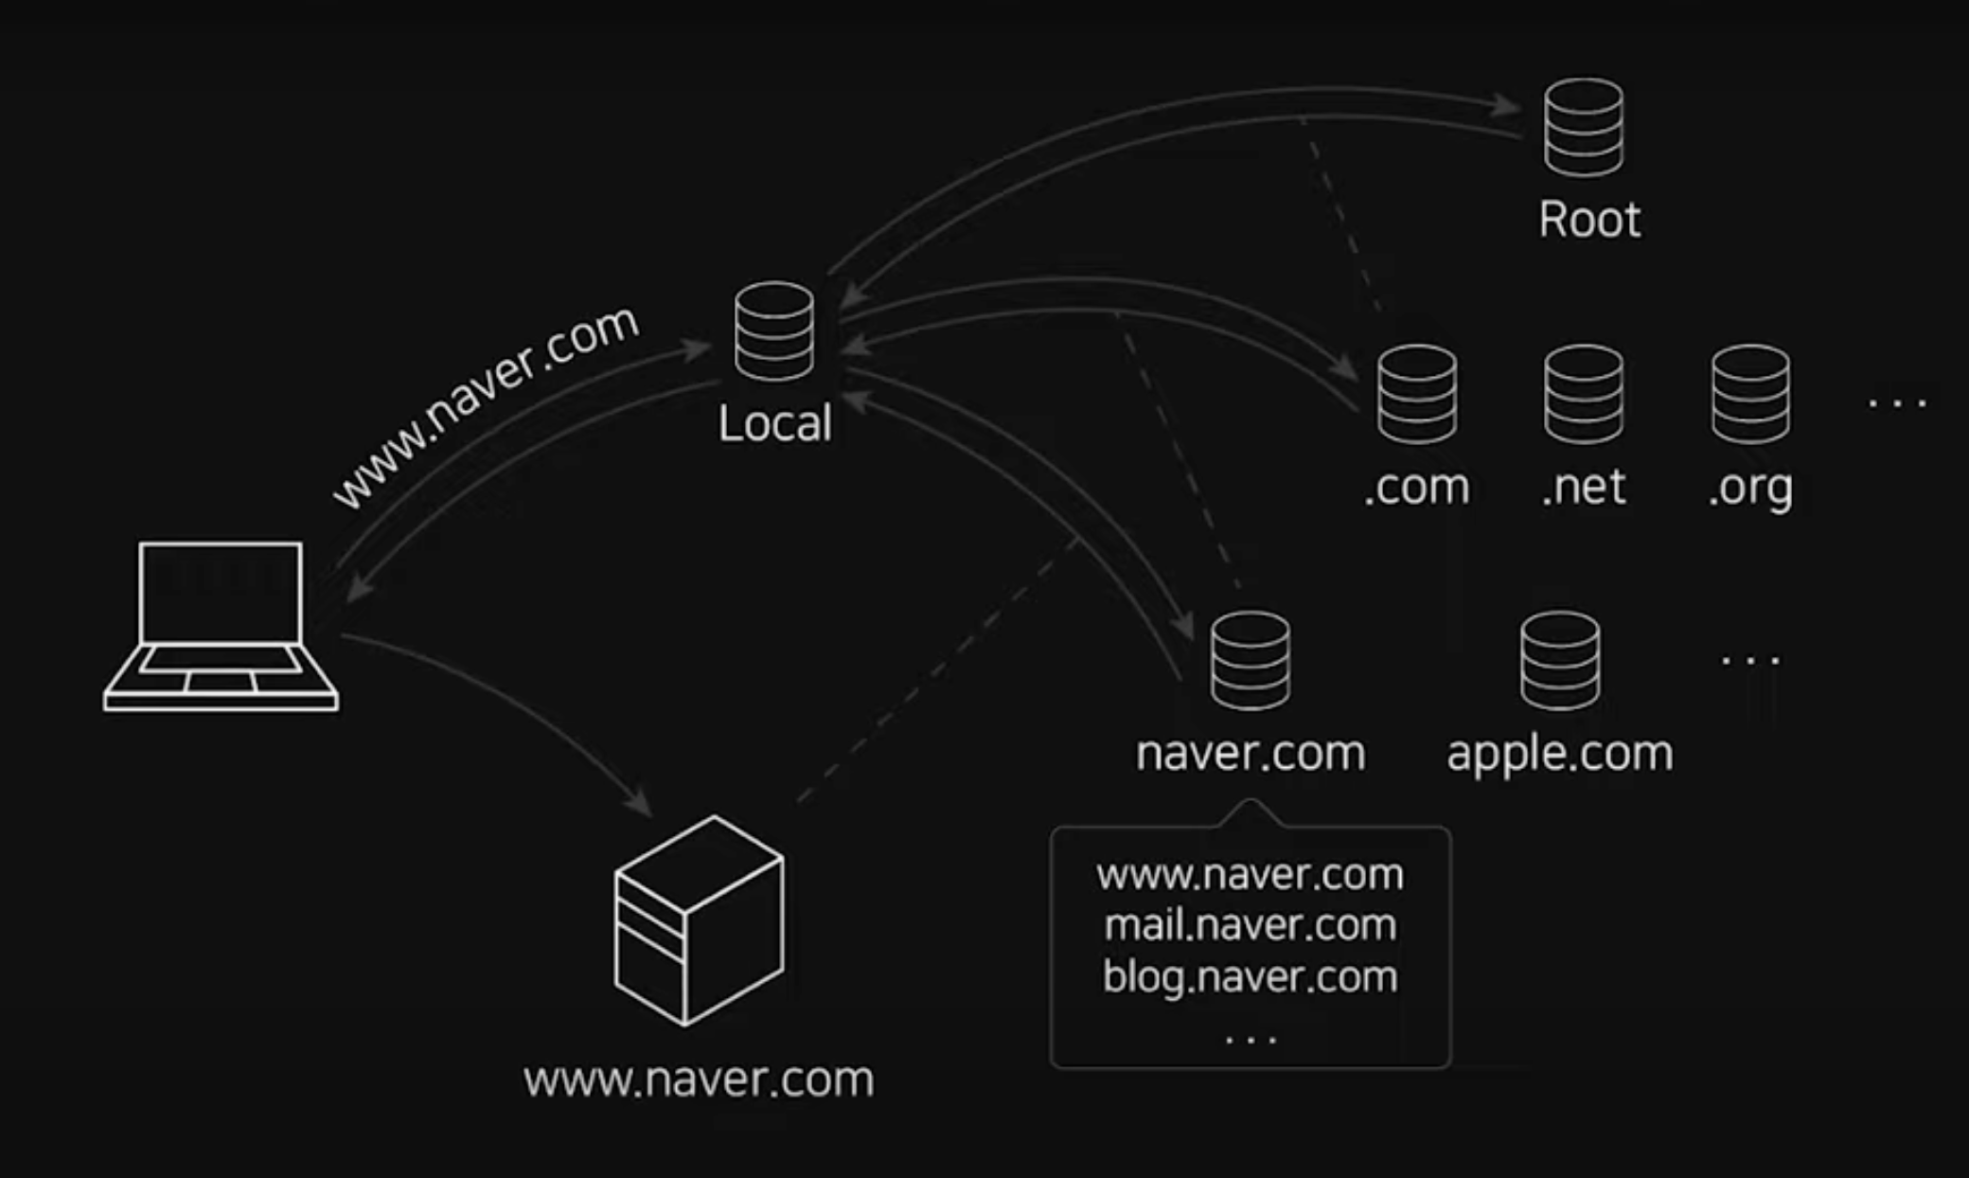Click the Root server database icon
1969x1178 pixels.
pyautogui.click(x=1584, y=127)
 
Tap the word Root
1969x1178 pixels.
pyautogui.click(x=1589, y=220)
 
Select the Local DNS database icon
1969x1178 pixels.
pyautogui.click(x=774, y=330)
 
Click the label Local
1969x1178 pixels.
pyautogui.click(x=774, y=423)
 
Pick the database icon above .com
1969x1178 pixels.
pyautogui.click(x=1417, y=394)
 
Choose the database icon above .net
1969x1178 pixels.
pyautogui.click(x=1584, y=394)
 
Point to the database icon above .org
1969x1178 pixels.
pyautogui.click(x=1750, y=394)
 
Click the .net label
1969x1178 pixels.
pyautogui.click(x=1584, y=487)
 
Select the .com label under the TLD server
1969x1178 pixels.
pyautogui.click(x=1417, y=487)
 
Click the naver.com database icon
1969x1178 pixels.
pyautogui.click(x=1250, y=660)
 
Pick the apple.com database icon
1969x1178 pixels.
pyautogui.click(x=1560, y=660)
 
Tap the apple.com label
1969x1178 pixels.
pyautogui.click(x=1560, y=754)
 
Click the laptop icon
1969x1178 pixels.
pyautogui.click(x=221, y=626)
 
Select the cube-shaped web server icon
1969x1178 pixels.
pyautogui.click(x=699, y=920)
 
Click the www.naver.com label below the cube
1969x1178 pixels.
pyautogui.click(x=699, y=1080)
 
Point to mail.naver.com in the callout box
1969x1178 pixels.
pyautogui.click(x=1250, y=925)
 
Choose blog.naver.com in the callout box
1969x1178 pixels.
pyautogui.click(x=1250, y=976)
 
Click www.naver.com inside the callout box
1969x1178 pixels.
pyautogui.click(x=1250, y=874)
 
